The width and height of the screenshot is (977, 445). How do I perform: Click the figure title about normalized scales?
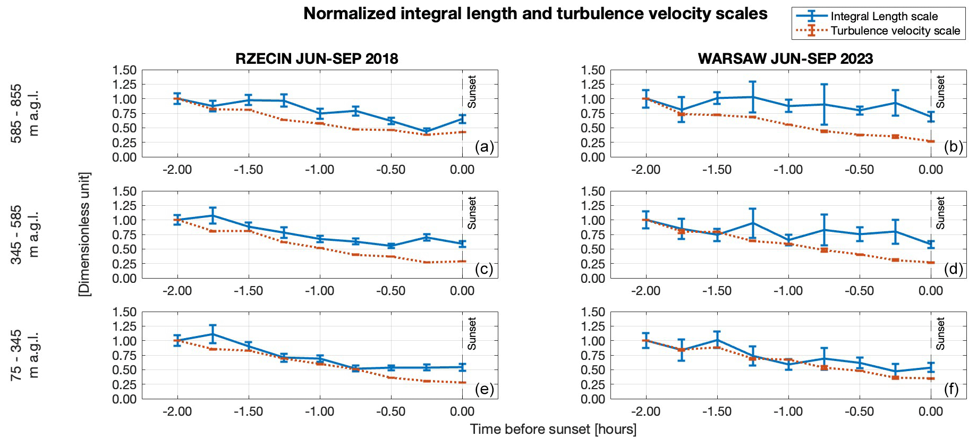(535, 14)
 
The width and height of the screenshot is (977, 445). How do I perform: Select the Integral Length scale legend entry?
(884, 16)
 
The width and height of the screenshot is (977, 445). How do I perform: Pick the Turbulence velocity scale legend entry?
(895, 31)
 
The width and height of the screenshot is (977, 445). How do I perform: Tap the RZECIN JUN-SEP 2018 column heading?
(317, 58)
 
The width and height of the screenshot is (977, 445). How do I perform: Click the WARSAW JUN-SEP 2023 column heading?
(785, 58)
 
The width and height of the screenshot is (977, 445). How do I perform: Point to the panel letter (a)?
(484, 147)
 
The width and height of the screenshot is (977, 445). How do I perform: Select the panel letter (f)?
(951, 389)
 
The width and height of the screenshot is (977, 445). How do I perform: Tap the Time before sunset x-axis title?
(553, 429)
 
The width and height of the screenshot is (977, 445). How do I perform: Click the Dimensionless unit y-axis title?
(84, 234)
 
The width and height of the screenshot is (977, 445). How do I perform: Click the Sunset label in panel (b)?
(940, 91)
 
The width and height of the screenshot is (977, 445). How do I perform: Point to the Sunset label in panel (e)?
(472, 333)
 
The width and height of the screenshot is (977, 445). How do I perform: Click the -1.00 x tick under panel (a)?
(320, 170)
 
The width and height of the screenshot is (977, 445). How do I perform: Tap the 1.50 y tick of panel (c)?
(124, 191)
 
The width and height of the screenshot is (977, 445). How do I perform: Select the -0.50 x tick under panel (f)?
(860, 412)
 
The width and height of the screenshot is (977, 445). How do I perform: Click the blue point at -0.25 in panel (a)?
(427, 131)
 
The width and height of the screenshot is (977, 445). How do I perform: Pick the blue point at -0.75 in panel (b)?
(824, 104)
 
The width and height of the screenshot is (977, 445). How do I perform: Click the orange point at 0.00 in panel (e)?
(462, 382)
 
